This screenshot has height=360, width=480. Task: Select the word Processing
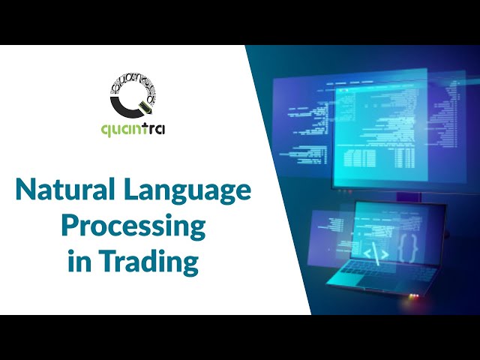tap(133, 226)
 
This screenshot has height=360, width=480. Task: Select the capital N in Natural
tap(24, 191)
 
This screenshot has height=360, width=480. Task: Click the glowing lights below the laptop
tap(411, 298)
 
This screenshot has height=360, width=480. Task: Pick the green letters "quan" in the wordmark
tap(120, 129)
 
